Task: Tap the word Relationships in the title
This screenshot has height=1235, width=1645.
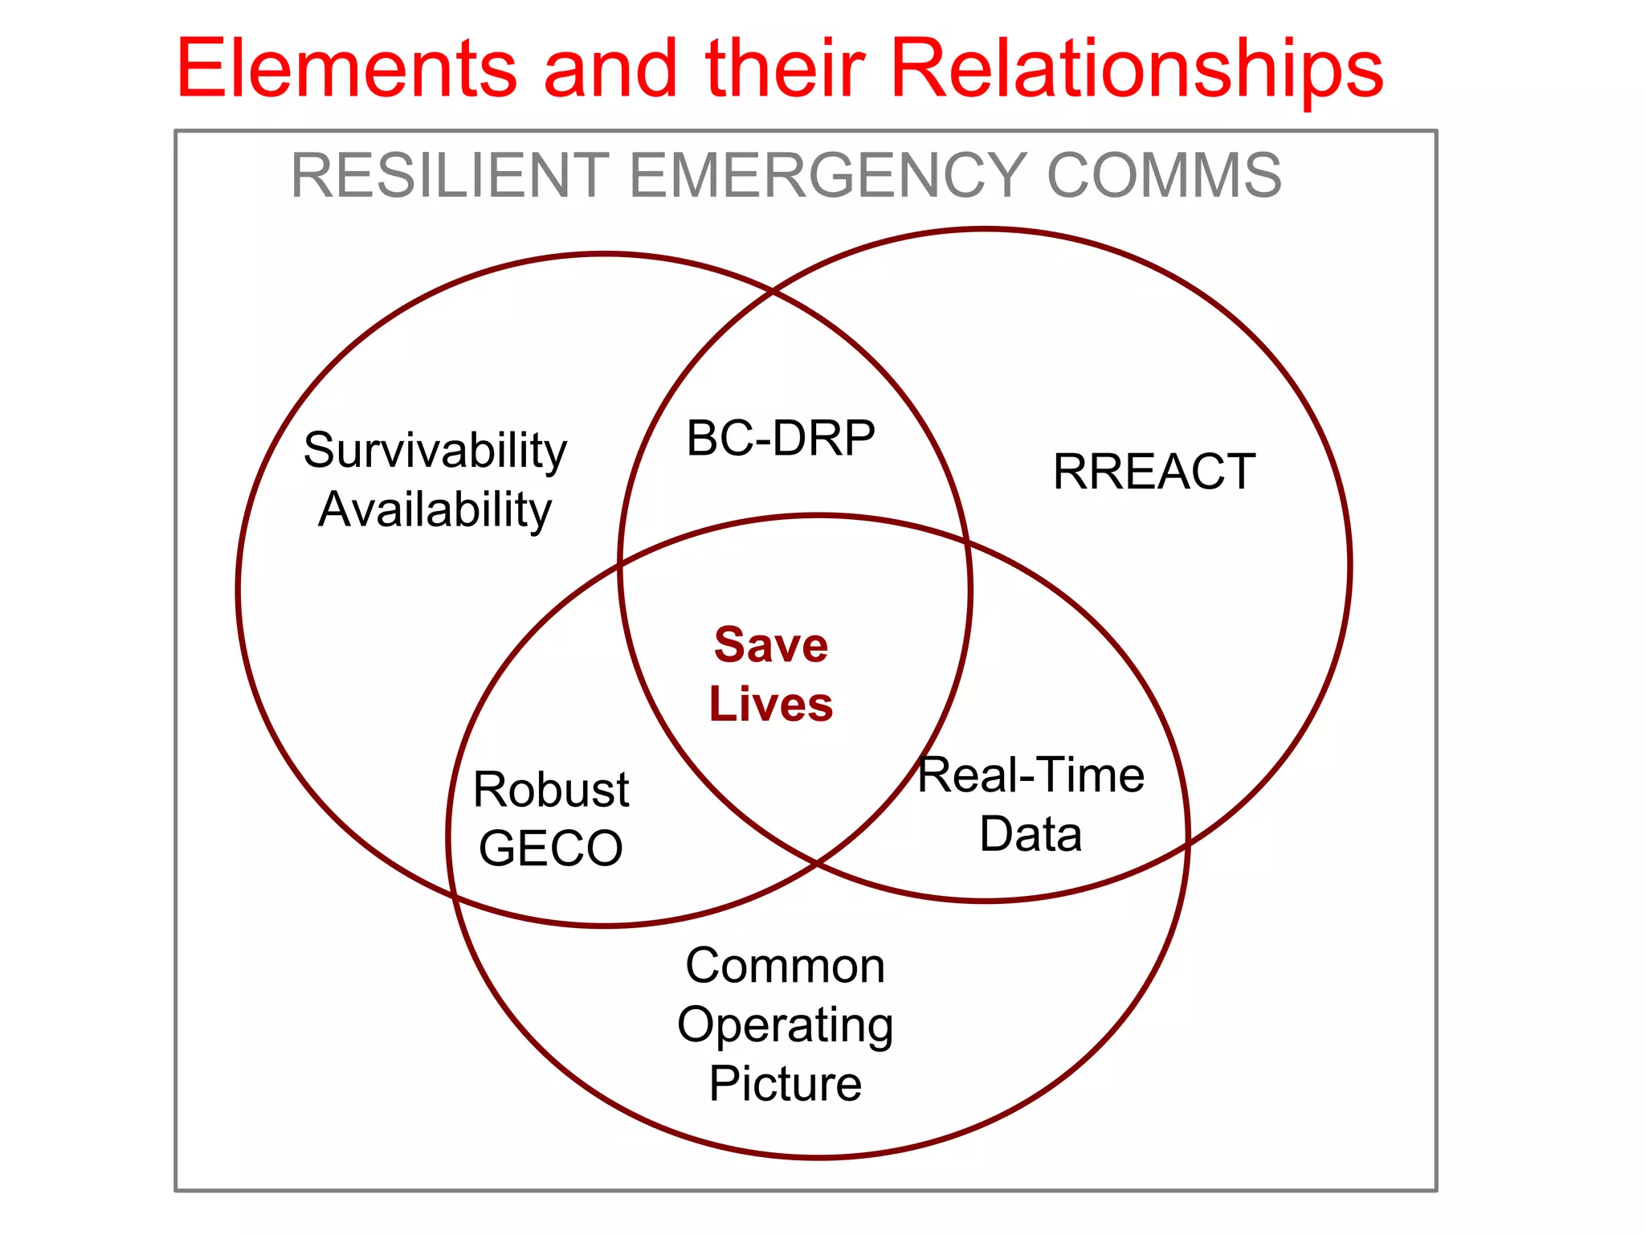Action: point(1137,71)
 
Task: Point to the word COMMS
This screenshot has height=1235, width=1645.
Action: point(1164,176)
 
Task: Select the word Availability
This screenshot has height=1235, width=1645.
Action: point(435,509)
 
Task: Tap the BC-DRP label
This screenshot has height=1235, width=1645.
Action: point(780,439)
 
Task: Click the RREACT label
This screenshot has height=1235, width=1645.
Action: point(1154,472)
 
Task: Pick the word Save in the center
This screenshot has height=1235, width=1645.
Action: point(771,645)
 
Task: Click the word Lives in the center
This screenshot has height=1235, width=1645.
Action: point(771,704)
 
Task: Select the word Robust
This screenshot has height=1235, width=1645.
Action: point(551,790)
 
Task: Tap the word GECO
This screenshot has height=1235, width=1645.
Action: point(551,849)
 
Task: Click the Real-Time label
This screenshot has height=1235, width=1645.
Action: point(1031,775)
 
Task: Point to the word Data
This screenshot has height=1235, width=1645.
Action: point(1031,834)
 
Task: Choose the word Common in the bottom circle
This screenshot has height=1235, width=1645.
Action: point(785,966)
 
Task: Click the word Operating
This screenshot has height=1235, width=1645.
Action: point(785,1025)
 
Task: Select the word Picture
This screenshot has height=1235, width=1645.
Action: point(785,1084)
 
